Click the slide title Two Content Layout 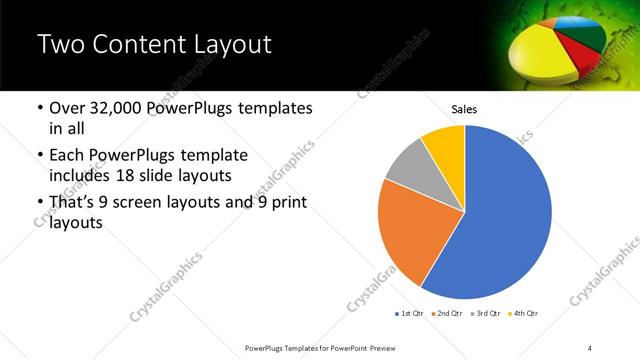tap(154, 45)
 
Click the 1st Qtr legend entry tap(410, 314)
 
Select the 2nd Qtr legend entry tap(446, 314)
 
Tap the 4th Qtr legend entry tap(521, 314)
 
